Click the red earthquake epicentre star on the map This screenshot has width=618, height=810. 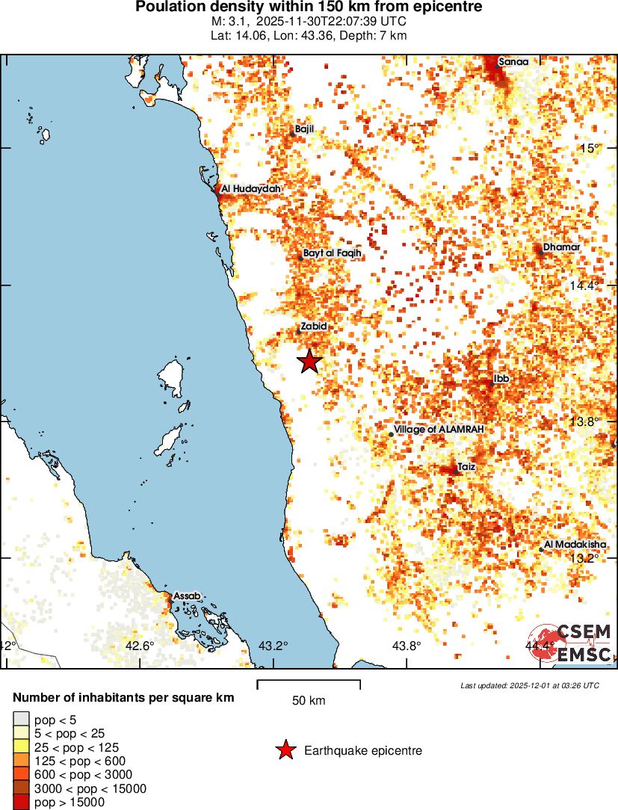click(x=309, y=362)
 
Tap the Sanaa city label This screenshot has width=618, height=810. click(x=513, y=62)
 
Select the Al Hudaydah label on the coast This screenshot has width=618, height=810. click(x=251, y=189)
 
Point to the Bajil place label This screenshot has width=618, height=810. click(x=305, y=129)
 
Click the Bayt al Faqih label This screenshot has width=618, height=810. click(x=333, y=253)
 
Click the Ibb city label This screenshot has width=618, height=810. click(x=501, y=379)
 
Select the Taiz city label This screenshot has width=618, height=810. click(x=466, y=467)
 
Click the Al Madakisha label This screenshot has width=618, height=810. click(x=575, y=545)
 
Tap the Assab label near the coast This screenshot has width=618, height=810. click(x=187, y=596)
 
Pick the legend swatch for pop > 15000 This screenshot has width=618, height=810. click(x=22, y=803)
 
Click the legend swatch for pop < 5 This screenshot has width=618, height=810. click(x=22, y=720)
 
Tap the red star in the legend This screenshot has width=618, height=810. click(x=285, y=751)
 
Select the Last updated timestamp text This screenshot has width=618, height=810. click(x=529, y=685)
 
